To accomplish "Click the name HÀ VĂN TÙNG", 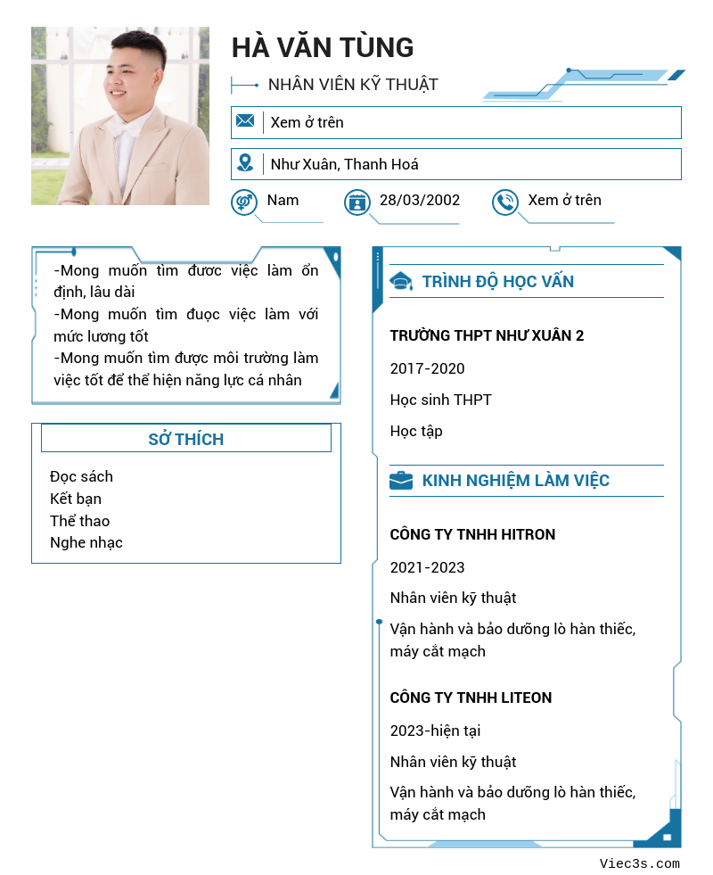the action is pyautogui.click(x=323, y=47).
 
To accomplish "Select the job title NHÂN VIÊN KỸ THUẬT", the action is pyautogui.click(x=353, y=85).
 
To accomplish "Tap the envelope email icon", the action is pyautogui.click(x=245, y=121).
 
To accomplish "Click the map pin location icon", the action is pyautogui.click(x=245, y=163).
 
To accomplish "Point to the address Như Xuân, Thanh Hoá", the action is pyautogui.click(x=344, y=164).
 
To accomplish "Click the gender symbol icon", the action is pyautogui.click(x=244, y=202).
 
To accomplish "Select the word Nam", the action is pyautogui.click(x=283, y=200).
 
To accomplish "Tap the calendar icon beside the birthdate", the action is pyautogui.click(x=357, y=202).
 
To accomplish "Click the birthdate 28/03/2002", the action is pyautogui.click(x=420, y=200).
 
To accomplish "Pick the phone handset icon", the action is pyautogui.click(x=505, y=202).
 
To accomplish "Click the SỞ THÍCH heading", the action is pyautogui.click(x=185, y=439).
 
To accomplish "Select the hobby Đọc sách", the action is pyautogui.click(x=81, y=476).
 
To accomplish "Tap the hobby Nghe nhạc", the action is pyautogui.click(x=86, y=542).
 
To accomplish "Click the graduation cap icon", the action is pyautogui.click(x=401, y=282).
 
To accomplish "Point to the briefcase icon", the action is pyautogui.click(x=401, y=481).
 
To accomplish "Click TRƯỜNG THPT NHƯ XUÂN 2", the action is pyautogui.click(x=487, y=335).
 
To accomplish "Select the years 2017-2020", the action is pyautogui.click(x=427, y=368).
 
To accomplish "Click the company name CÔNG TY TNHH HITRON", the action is pyautogui.click(x=472, y=534).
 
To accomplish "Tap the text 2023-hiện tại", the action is pyautogui.click(x=435, y=731).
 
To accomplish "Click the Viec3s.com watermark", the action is pyautogui.click(x=640, y=863).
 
